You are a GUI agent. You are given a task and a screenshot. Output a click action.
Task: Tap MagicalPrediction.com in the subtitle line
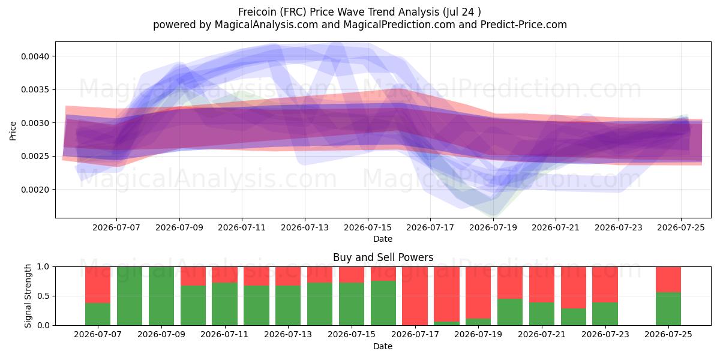coord(399,25)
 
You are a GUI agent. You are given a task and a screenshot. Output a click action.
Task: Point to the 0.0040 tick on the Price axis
coord(35,56)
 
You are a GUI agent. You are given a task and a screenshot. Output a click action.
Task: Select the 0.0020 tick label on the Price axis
coord(35,190)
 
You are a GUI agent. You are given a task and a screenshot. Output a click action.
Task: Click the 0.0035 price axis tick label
coord(35,89)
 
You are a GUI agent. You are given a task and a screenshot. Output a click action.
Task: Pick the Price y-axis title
coord(13,131)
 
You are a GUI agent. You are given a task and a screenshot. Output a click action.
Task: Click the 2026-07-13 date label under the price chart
coord(305,228)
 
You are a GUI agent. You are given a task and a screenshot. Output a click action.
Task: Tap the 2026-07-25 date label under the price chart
coord(681,228)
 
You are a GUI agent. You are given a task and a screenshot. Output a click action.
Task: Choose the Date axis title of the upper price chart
coord(383,239)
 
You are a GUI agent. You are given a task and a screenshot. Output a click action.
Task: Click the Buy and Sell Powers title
coord(383,257)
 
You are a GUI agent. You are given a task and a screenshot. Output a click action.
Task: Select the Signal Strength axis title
coord(28,296)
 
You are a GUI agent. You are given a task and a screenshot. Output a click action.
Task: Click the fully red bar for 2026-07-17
coord(415,296)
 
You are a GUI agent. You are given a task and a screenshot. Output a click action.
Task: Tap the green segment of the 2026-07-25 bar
coord(668,309)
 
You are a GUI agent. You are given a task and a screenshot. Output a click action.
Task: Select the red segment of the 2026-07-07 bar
coord(98,285)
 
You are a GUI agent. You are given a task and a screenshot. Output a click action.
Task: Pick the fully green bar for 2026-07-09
coord(161,296)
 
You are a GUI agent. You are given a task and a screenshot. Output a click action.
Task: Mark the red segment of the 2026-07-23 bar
coord(605,284)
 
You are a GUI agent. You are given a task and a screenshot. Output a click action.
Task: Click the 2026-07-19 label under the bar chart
coord(478,335)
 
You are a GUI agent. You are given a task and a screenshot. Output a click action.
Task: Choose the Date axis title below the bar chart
coord(383,347)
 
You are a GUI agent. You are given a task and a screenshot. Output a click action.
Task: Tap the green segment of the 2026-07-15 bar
coord(352,304)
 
